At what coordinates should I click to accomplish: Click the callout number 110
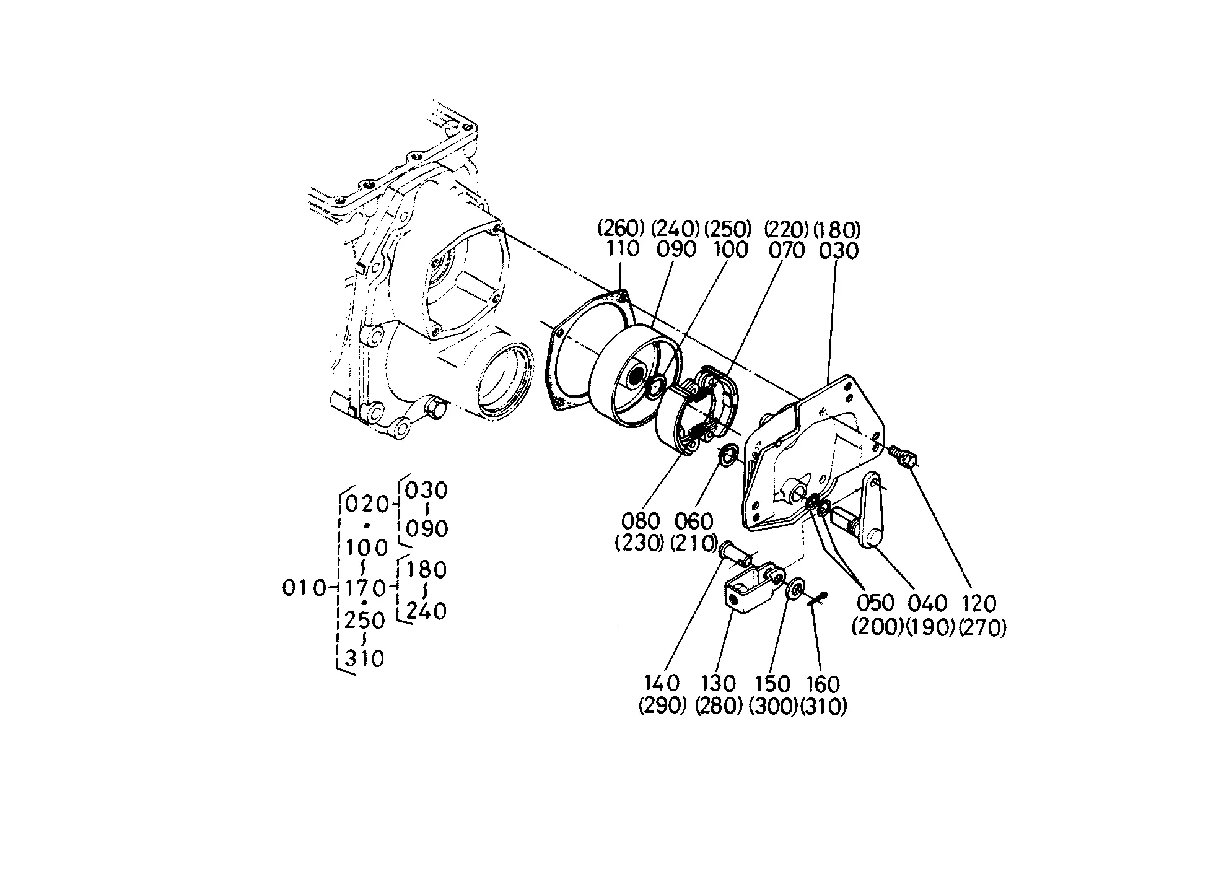tap(623, 249)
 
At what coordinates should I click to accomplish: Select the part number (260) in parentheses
tap(621, 229)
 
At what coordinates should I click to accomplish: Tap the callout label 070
tap(786, 250)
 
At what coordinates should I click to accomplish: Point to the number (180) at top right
tap(837, 230)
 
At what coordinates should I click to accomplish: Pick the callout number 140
tap(662, 683)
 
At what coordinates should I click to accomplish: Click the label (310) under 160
tap(823, 707)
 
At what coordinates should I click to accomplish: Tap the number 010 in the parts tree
tap(304, 588)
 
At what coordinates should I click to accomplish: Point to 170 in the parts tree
tap(365, 587)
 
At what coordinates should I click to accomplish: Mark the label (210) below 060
tap(694, 543)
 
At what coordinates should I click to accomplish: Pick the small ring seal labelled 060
tap(728, 453)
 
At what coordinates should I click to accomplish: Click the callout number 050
tap(876, 603)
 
